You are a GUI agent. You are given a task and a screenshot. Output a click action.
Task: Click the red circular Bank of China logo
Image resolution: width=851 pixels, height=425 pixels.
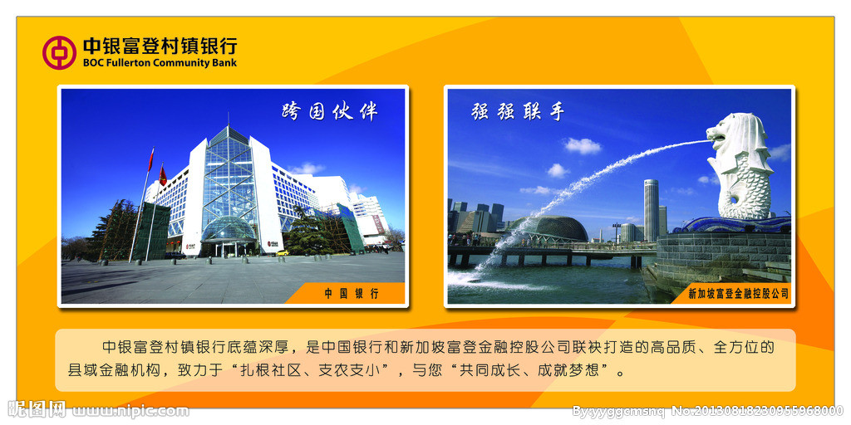click(59, 52)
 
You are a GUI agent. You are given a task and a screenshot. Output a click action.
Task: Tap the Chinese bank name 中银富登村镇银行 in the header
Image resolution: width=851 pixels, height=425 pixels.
click(160, 46)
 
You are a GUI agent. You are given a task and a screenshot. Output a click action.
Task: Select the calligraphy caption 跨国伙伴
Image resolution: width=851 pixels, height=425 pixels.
click(330, 111)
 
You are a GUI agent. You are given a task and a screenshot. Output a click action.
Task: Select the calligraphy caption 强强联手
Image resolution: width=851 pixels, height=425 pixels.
click(518, 111)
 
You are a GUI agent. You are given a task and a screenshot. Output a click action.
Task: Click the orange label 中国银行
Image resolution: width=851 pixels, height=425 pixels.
click(352, 294)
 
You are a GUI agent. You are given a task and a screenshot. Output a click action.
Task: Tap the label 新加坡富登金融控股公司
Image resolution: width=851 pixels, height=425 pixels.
click(738, 294)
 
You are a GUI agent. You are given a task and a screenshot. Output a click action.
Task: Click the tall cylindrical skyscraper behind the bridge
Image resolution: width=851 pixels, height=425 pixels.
click(652, 210)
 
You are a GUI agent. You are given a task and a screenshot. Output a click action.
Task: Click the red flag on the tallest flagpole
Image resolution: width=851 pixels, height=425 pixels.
click(151, 159)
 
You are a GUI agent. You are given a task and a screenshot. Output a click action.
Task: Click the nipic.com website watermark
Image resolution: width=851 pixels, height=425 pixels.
click(130, 411)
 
